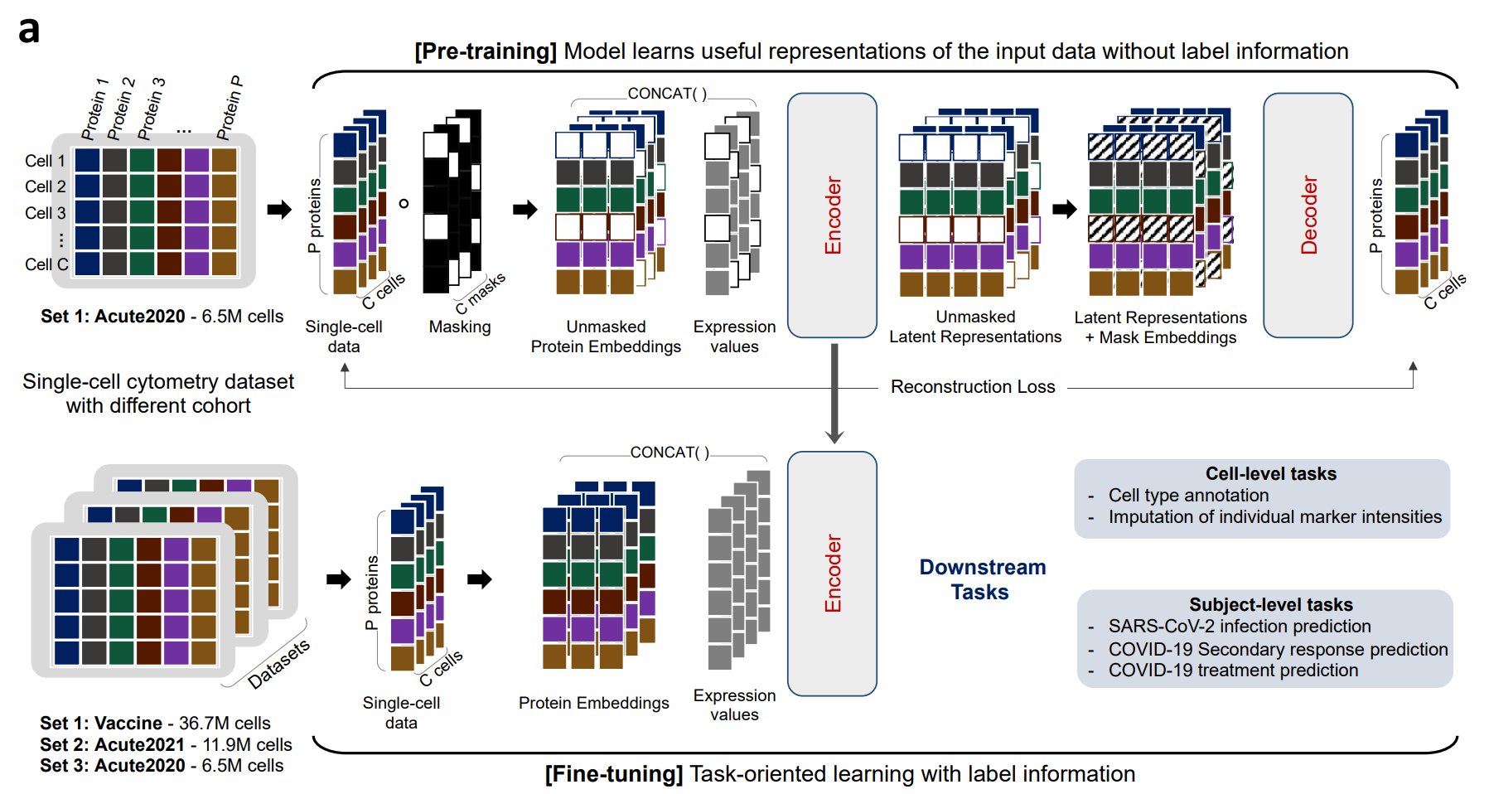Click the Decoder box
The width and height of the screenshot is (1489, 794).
pyautogui.click(x=1308, y=215)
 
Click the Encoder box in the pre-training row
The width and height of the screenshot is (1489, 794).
pyautogui.click(x=832, y=215)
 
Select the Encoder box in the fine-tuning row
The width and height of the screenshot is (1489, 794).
pyautogui.click(x=832, y=574)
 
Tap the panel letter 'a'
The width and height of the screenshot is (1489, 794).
pyautogui.click(x=29, y=31)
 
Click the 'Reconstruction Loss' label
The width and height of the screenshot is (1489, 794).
pyautogui.click(x=972, y=387)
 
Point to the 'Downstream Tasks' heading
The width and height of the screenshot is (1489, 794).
pyautogui.click(x=982, y=579)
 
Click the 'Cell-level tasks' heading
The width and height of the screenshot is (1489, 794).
pyautogui.click(x=1270, y=474)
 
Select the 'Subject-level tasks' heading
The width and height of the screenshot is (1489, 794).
pyautogui.click(x=1270, y=605)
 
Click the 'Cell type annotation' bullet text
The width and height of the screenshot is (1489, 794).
pyautogui.click(x=1188, y=496)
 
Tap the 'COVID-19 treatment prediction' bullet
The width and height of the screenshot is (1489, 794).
pyautogui.click(x=1233, y=671)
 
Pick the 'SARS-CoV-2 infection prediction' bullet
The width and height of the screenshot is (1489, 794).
pyautogui.click(x=1239, y=627)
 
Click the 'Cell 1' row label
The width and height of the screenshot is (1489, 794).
pyautogui.click(x=45, y=161)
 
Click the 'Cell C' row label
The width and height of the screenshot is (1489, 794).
pyautogui.click(x=46, y=264)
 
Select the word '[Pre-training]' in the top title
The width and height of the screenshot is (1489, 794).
pyautogui.click(x=486, y=51)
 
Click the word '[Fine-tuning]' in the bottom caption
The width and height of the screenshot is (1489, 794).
pyautogui.click(x=613, y=774)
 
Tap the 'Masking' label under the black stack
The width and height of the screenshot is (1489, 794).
pyautogui.click(x=460, y=327)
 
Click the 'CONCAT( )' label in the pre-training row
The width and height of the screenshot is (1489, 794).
pyautogui.click(x=667, y=94)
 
